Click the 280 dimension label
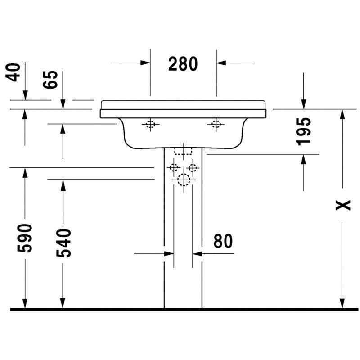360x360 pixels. pos(183,63)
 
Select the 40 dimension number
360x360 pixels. pos(13,72)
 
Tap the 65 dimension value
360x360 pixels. pos(50,80)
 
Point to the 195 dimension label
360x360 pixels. pos(304,131)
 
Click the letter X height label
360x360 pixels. pos(343,205)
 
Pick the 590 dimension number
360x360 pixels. pos(25,238)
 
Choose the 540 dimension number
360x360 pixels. pos(63,243)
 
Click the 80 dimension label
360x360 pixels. pos(223,241)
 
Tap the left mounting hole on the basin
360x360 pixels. pos(150,124)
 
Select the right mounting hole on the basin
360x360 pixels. pos(216,124)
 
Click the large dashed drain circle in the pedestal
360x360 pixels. pos(184,180)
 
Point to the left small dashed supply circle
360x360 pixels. pos(174,167)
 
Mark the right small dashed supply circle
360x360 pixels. pos(193,168)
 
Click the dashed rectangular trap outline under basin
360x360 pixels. pos(183,151)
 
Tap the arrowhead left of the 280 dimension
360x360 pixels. pos(145,63)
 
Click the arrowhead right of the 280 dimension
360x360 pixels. pos(221,63)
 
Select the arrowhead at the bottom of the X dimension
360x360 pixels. pos(342,303)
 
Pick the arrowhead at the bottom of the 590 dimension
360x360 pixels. pos(25,303)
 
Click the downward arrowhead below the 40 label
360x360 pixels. pos(25,95)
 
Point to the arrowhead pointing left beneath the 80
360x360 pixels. pos(198,254)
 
